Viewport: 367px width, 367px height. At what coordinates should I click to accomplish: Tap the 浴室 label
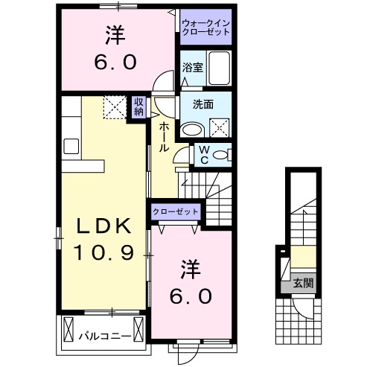point(192,68)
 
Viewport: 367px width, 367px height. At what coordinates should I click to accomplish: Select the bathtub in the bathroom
point(220,69)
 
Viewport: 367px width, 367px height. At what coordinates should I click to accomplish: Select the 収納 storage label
point(139,107)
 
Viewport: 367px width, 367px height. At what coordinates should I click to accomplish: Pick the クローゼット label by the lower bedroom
point(176,212)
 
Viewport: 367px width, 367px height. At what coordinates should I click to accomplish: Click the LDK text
point(104,226)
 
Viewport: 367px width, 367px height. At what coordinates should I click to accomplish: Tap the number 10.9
point(104,253)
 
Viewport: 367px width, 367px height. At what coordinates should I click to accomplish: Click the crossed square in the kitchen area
point(114,107)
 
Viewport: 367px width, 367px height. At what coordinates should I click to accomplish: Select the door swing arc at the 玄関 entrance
point(304,305)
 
